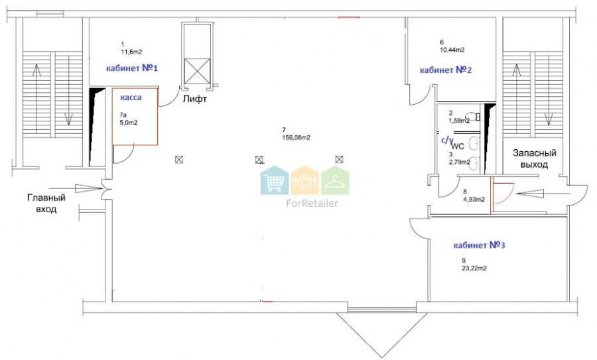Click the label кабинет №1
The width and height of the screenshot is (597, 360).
coord(132,68)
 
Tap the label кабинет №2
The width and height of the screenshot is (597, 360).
coord(446,70)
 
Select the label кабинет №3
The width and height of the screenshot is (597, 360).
coord(479,245)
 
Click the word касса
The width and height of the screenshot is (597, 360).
coord(131,97)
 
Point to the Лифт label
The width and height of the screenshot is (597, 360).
coord(195,99)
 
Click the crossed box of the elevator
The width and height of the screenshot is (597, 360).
coord(197,71)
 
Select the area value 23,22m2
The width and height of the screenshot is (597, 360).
coord(474,268)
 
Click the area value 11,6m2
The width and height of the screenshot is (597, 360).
coord(131,52)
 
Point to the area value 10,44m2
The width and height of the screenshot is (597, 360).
coord(452,50)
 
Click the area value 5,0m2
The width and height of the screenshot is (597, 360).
coord(129,123)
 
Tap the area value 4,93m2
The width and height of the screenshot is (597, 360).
coord(474,199)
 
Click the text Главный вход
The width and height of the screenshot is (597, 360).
coord(46,204)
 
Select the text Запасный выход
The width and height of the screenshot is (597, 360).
coord(535,158)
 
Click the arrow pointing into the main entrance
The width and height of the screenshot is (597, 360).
coord(76,188)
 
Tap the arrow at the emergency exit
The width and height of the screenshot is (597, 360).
coord(543,194)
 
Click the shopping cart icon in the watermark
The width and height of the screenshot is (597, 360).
coord(275,181)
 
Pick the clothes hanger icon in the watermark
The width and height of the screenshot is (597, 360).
coord(335,181)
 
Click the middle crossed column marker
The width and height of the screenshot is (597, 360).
coord(259,160)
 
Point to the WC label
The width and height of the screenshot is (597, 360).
coord(458,146)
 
